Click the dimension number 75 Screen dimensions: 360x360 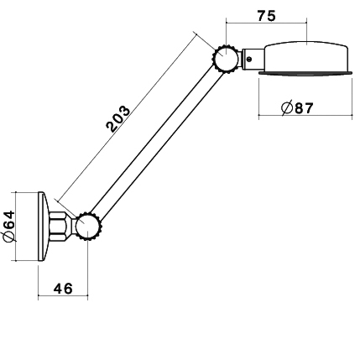pyautogui.click(x=266, y=16)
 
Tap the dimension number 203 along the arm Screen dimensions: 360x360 pyautogui.click(x=118, y=118)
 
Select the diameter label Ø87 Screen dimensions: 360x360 pyautogui.click(x=297, y=107)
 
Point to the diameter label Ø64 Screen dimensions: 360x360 pyautogui.click(x=8, y=227)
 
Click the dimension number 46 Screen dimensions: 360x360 pyautogui.click(x=63, y=289)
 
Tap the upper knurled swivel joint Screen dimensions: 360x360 pyautogui.click(x=226, y=59)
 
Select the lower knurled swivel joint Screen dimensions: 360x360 pyautogui.click(x=88, y=227)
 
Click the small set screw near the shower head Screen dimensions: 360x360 pyautogui.click(x=248, y=59)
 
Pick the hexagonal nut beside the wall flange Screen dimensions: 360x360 pyautogui.click(x=58, y=227)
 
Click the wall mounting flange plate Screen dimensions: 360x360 pyautogui.click(x=43, y=227)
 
